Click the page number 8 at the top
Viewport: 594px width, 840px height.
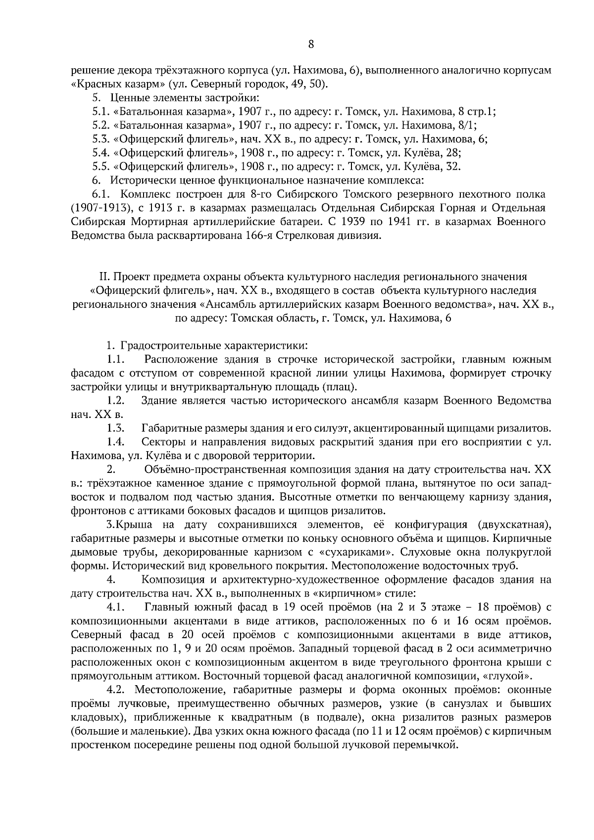311,44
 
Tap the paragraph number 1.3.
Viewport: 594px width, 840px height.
115,428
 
